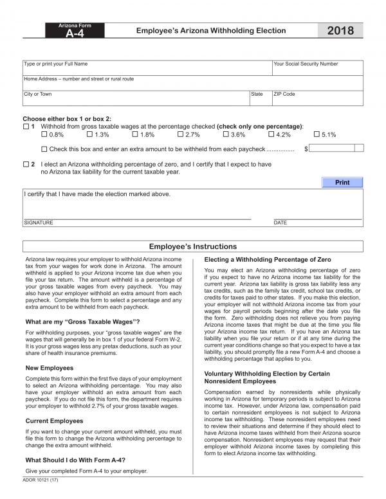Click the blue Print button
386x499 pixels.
click(342, 183)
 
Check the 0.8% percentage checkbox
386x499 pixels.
click(44, 135)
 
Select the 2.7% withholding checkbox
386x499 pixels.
click(180, 135)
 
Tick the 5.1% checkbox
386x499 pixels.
click(316, 135)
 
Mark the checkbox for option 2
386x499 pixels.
click(26, 165)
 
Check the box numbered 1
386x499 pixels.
click(26, 127)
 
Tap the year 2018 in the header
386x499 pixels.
click(340, 31)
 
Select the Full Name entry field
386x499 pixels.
click(147, 69)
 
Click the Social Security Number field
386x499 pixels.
click(317, 69)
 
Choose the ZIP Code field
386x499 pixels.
click(317, 98)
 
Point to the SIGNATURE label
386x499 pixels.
click(39, 222)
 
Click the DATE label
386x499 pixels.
click(280, 222)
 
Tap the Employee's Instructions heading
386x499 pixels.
click(193, 246)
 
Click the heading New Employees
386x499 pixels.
click(49, 368)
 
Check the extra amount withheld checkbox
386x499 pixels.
click(44, 149)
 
